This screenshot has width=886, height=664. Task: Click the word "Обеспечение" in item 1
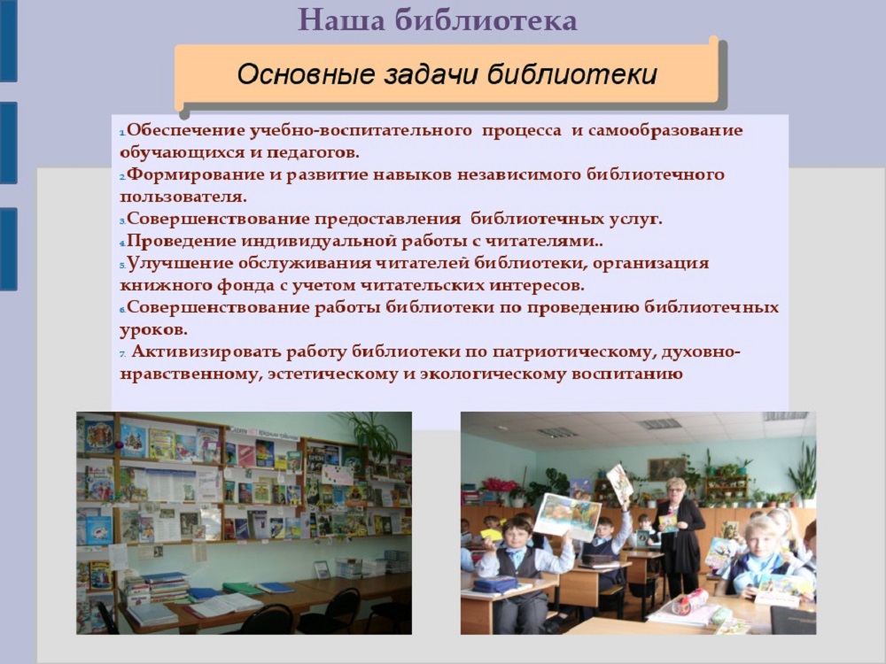[x=185, y=130]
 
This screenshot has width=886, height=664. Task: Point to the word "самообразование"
[x=665, y=130]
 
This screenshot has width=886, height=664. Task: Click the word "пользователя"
[x=183, y=197]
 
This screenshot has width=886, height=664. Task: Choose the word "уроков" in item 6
[x=152, y=330]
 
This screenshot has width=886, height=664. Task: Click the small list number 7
[x=122, y=354]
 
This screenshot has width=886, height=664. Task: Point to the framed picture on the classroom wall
[x=667, y=468]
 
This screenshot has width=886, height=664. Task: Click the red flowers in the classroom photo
[x=500, y=484]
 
